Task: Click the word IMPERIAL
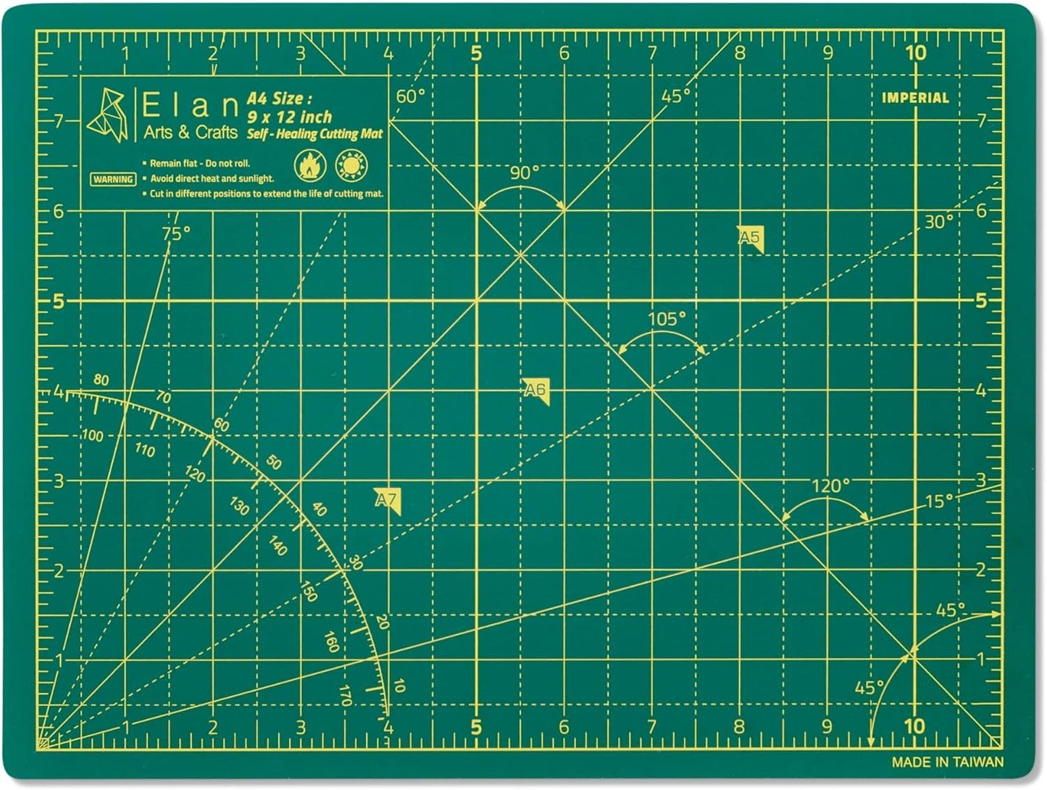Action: point(915,98)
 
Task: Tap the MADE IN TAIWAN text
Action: point(947,762)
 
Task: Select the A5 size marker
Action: point(751,238)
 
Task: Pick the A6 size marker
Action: point(535,391)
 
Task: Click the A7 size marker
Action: point(388,500)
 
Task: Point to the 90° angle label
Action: point(525,172)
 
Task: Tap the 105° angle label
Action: point(666,319)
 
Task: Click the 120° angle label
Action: point(830,486)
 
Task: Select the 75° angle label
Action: point(176,233)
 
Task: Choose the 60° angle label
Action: point(410,96)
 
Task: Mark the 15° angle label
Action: point(939,501)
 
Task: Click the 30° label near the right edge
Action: point(938,222)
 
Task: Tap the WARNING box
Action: point(113,179)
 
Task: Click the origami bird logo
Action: point(107,116)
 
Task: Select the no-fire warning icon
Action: point(310,166)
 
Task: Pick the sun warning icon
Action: point(352,166)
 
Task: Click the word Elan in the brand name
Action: point(190,107)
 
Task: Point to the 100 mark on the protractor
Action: point(92,436)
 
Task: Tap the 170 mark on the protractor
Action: point(345,695)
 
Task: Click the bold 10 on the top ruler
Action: point(915,52)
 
